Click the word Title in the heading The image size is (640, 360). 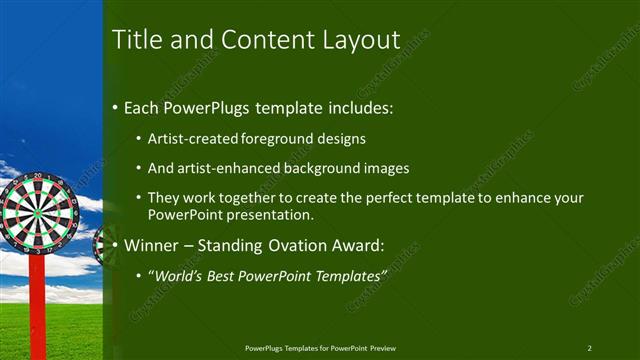pyautogui.click(x=135, y=40)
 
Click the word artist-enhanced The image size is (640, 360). pyautogui.click(x=227, y=169)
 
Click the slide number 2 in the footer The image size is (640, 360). pyautogui.click(x=589, y=348)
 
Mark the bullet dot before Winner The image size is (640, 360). pyautogui.click(x=116, y=243)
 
